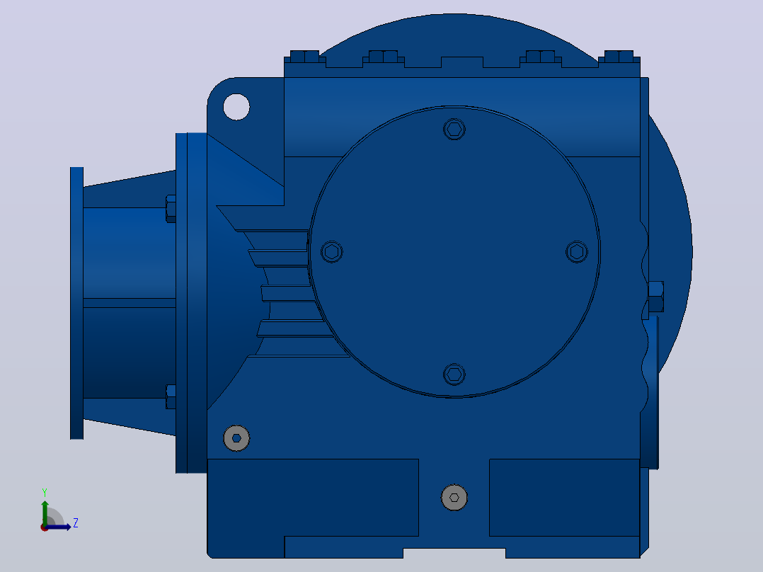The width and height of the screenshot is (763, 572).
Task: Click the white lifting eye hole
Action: [236, 107]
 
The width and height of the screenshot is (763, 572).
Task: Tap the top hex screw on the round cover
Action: [454, 130]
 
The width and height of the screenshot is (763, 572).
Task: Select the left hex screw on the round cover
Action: [332, 252]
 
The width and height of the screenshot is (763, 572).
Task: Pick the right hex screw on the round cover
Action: [577, 252]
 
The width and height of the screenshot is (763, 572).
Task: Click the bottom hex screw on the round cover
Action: [454, 374]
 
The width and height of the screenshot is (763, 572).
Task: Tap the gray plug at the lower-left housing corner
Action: [236, 438]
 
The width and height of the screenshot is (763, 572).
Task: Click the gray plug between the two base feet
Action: [454, 498]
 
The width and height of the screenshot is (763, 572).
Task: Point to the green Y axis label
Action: [45, 492]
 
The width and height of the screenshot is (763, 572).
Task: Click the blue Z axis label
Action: [76, 523]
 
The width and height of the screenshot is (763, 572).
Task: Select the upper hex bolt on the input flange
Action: [171, 209]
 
